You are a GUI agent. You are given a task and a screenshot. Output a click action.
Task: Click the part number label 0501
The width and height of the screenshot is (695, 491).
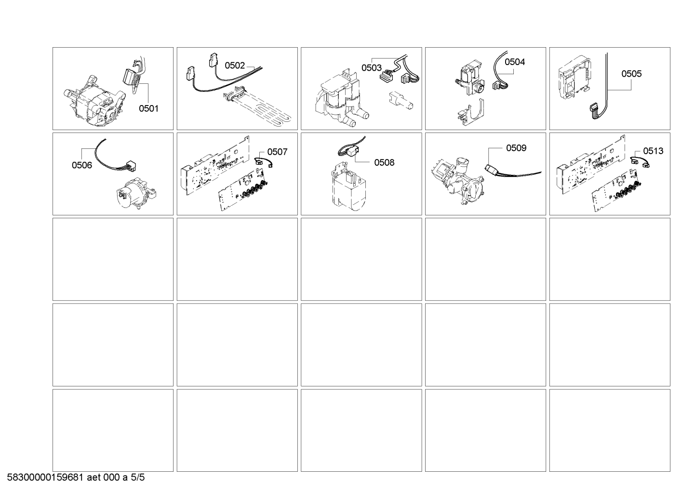click(148, 108)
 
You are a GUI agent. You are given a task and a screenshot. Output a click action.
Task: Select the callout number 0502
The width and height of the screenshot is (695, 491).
click(235, 66)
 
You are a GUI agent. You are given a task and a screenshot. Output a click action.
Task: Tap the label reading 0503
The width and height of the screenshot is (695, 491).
click(372, 67)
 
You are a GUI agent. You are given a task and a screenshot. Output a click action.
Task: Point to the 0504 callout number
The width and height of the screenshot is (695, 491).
click(515, 62)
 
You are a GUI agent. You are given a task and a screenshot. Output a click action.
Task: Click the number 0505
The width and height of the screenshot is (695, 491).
click(631, 74)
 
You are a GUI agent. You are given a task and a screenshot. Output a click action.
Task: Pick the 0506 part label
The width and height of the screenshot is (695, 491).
click(82, 165)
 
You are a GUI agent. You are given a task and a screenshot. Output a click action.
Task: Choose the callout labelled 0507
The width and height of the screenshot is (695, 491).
click(278, 152)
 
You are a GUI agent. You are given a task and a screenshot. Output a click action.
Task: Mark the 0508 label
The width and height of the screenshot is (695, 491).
click(384, 162)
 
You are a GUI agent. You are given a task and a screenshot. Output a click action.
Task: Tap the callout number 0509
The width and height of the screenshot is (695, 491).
click(516, 148)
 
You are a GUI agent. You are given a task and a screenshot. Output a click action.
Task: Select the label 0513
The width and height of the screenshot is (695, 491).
click(653, 151)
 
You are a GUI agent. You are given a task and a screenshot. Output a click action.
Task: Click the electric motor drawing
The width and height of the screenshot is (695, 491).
click(94, 101)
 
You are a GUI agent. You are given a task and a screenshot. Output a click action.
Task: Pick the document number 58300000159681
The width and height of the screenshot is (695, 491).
click(45, 478)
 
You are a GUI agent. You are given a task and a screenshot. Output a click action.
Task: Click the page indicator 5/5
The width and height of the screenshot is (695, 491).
click(137, 478)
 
